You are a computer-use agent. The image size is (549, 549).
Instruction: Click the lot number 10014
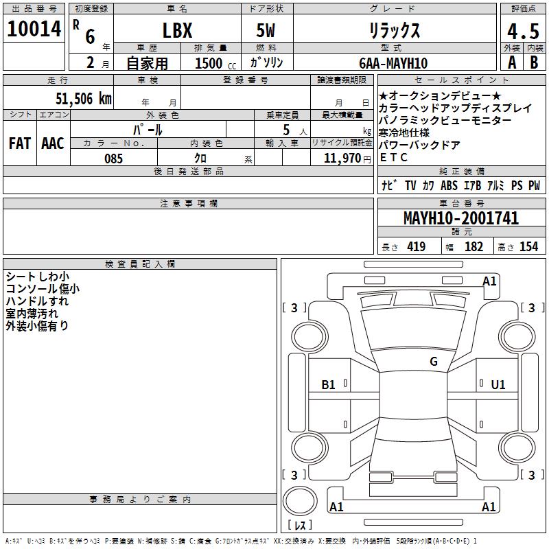click(34, 29)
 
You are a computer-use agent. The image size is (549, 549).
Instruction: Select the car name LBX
click(177, 30)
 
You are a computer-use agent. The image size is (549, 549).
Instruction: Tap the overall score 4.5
click(523, 31)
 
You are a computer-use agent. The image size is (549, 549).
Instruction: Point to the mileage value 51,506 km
click(84, 99)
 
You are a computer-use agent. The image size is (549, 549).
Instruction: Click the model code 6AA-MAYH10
click(393, 63)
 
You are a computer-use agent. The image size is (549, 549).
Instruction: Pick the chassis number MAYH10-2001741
click(460, 218)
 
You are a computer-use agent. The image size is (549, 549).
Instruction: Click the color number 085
click(113, 159)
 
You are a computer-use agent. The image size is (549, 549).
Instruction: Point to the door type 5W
click(266, 30)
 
